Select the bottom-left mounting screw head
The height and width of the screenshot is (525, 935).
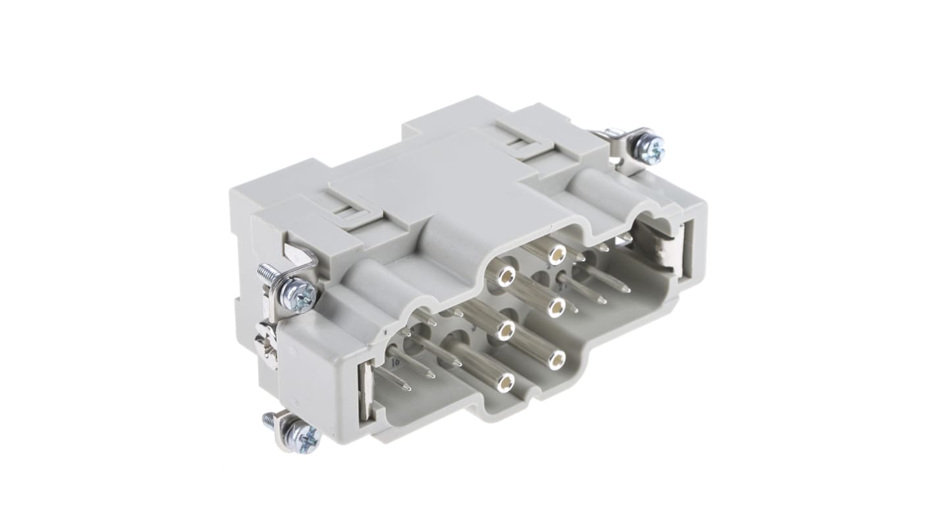coord(305,436)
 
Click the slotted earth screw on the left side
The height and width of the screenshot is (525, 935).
coord(267,343)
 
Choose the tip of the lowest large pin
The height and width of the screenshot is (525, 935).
coord(505,382)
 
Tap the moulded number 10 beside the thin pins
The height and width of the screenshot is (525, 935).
coord(396,361)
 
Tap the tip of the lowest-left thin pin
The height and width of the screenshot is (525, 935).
coord(408,387)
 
